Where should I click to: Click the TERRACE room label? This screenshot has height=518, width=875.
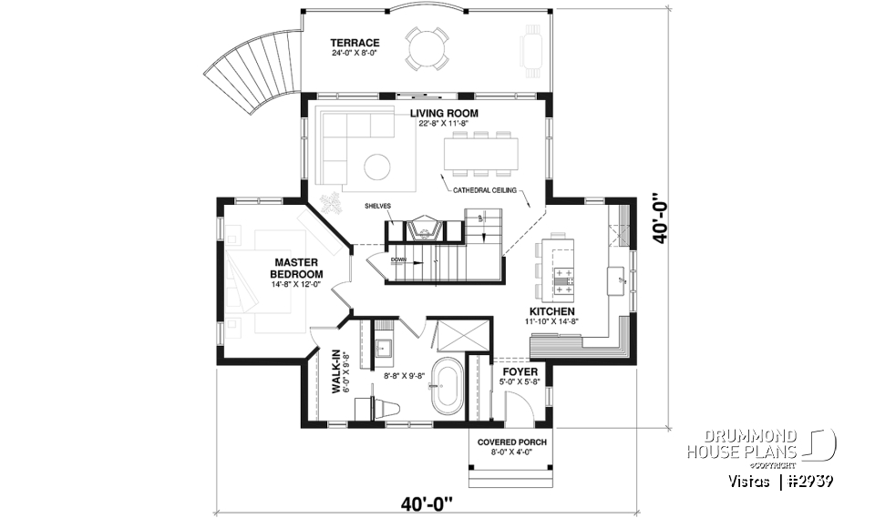pyautogui.click(x=355, y=43)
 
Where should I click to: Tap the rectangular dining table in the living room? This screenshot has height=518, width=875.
pyautogui.click(x=481, y=153)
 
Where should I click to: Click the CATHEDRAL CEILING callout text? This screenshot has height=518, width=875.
pyautogui.click(x=485, y=190)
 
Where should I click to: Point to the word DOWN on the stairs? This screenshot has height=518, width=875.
pyautogui.click(x=399, y=259)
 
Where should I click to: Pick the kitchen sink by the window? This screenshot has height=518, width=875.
pyautogui.click(x=619, y=275)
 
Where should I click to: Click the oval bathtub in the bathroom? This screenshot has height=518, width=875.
pyautogui.click(x=447, y=387)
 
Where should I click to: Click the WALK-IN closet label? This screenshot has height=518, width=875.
pyautogui.click(x=335, y=374)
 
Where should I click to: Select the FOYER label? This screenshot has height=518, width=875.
pyautogui.click(x=519, y=372)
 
